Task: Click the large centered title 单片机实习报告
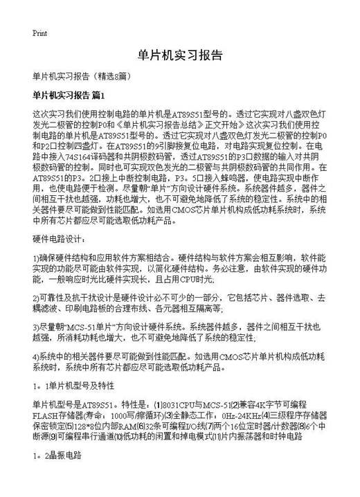coord(180,56)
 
